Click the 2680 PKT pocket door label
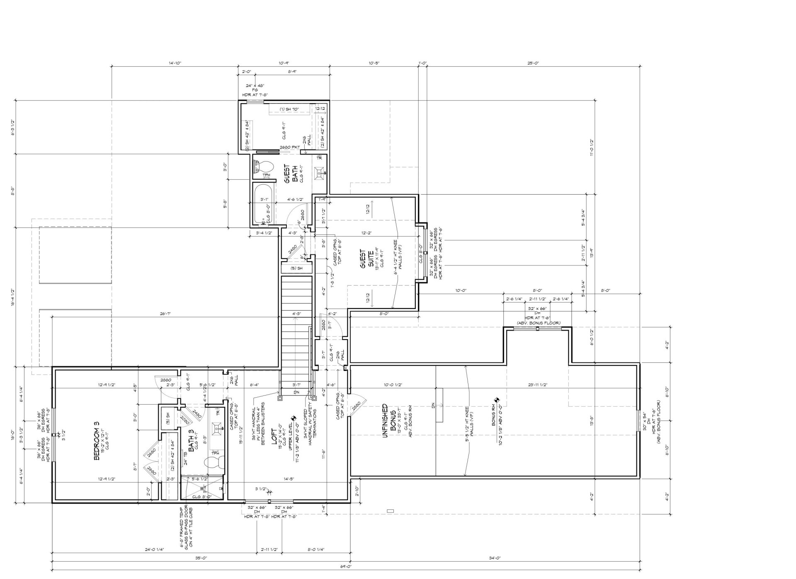[289, 147]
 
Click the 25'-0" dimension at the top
[533, 63]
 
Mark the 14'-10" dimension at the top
[175, 63]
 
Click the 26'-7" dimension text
[165, 314]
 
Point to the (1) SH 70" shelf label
[289, 109]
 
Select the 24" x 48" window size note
[255, 86]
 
